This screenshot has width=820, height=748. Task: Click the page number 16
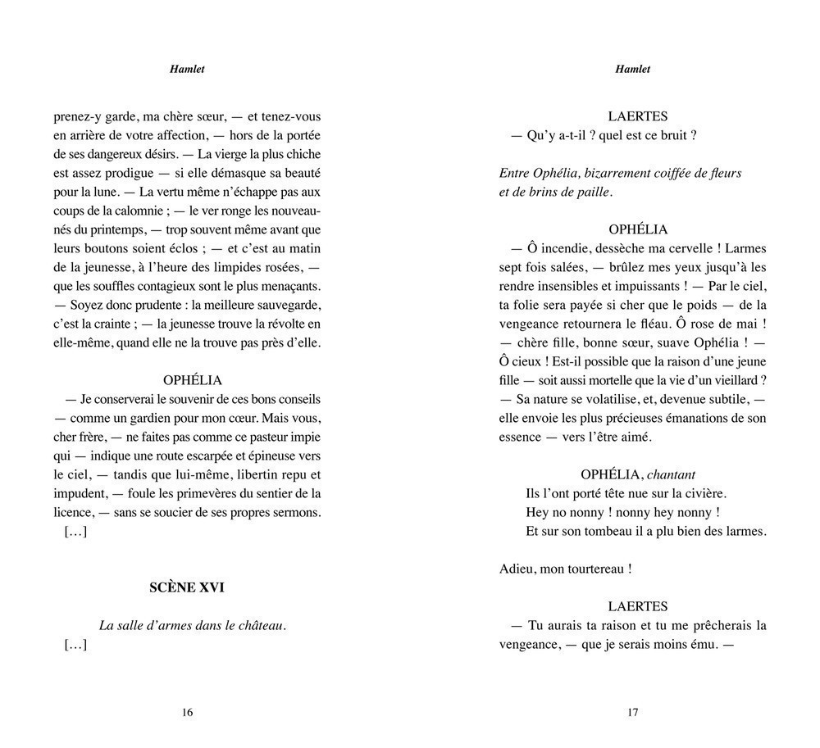[187, 713]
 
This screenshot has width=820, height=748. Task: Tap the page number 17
[632, 713]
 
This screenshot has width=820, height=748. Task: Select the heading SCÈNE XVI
[187, 587]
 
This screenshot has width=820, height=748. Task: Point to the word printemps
[111, 229]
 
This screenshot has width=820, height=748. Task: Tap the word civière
[707, 493]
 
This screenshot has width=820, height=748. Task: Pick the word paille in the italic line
[593, 192]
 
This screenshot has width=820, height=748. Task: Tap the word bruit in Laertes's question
[671, 135]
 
